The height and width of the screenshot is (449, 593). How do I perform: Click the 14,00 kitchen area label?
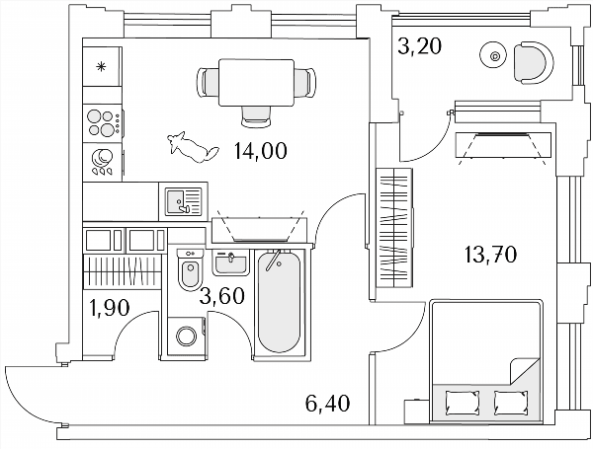tap(261, 151)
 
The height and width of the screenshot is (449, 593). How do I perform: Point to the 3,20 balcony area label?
tap(419, 46)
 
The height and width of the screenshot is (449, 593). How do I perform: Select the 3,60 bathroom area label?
tap(222, 296)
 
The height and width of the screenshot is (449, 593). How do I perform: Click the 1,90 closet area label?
tap(110, 308)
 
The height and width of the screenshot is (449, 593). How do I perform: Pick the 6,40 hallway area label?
tap(327, 403)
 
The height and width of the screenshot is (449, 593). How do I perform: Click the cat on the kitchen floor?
tap(193, 147)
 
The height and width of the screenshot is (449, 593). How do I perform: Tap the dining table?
tap(256, 83)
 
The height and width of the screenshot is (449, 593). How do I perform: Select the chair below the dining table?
tap(256, 115)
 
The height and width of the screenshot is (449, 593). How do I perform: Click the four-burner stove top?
tap(103, 123)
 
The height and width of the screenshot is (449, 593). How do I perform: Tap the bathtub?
tap(280, 301)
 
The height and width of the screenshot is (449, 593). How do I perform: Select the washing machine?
tap(187, 337)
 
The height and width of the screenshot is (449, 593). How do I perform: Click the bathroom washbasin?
tap(230, 262)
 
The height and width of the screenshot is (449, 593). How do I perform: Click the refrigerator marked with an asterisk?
tap(103, 66)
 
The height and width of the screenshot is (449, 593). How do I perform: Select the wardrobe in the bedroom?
tap(394, 228)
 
